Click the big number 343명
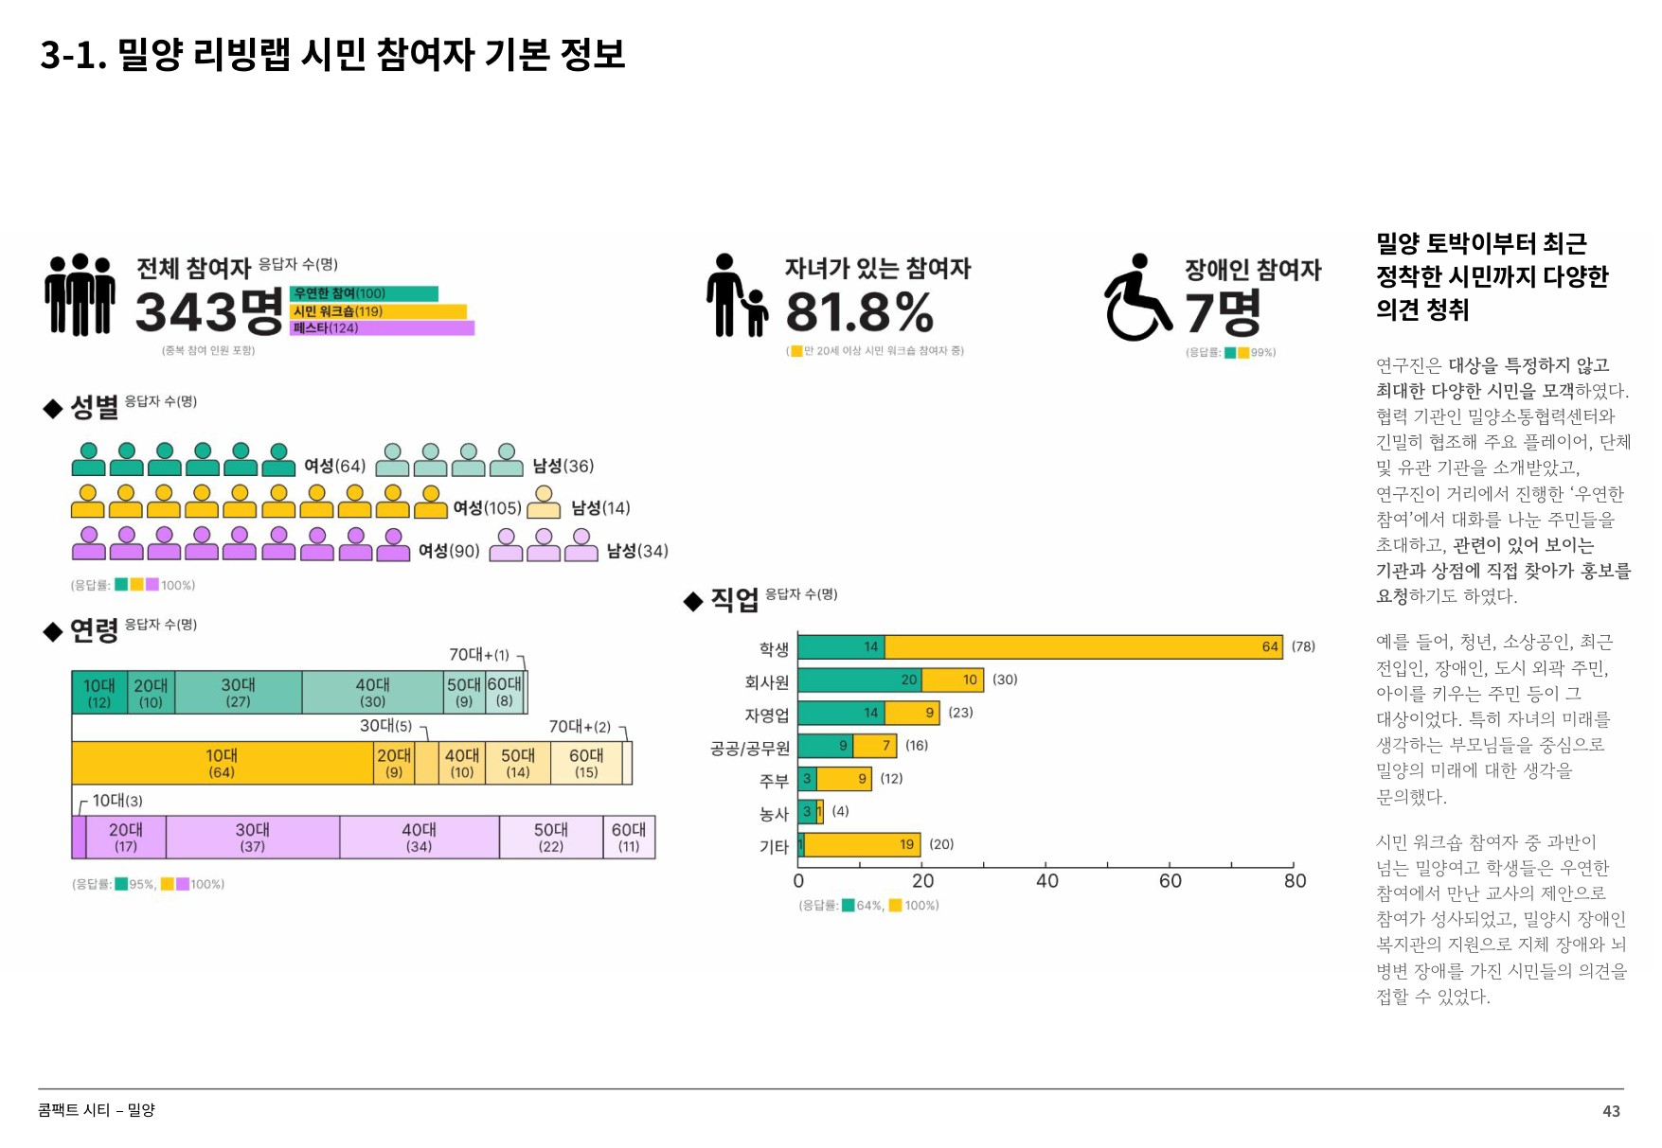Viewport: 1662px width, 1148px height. (x=209, y=312)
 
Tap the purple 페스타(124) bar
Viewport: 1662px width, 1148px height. (x=382, y=328)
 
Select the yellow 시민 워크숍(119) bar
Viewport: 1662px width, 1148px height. (x=378, y=311)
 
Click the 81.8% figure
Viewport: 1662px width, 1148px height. (x=859, y=312)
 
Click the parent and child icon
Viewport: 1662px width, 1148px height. (x=737, y=295)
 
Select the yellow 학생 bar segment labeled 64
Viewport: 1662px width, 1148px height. (x=1082, y=647)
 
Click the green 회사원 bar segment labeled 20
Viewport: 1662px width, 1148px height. (x=859, y=680)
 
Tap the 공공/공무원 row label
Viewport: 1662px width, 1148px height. (x=749, y=749)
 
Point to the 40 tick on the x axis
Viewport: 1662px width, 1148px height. (x=1046, y=881)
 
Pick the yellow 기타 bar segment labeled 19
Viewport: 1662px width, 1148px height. (x=862, y=845)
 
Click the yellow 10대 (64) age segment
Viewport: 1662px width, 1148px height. (x=223, y=764)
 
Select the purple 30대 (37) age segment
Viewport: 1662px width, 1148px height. (x=253, y=838)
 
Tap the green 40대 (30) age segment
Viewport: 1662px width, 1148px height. (x=372, y=692)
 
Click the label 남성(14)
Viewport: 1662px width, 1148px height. (x=600, y=508)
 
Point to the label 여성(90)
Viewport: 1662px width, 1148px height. (x=449, y=551)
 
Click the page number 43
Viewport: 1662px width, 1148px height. (x=1611, y=1111)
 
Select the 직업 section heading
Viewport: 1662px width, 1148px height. (x=734, y=600)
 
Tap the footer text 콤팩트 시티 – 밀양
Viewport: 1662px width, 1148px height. (x=97, y=1110)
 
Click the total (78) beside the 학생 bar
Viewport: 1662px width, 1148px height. (x=1303, y=647)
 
